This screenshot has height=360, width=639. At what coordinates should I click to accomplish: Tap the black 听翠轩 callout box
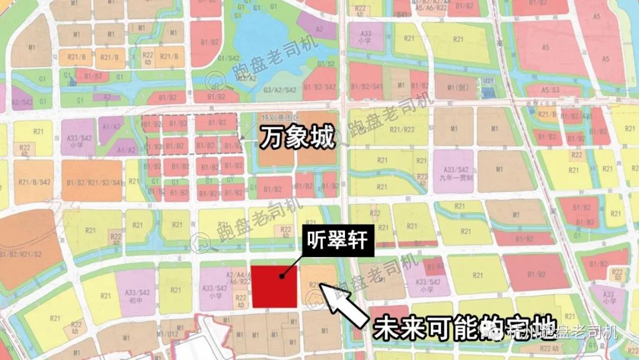coord(337,241)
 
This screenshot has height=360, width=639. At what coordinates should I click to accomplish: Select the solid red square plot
coord(274,287)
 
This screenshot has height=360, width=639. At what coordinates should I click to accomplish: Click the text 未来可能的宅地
coord(434,327)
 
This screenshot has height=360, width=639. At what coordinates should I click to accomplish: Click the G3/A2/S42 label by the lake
coord(279,89)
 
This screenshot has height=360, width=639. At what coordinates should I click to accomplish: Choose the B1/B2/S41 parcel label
coord(367,86)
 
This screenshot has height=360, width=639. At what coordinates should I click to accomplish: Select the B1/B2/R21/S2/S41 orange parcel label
coord(93,182)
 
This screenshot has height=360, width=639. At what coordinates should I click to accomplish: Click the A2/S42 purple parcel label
coord(21,102)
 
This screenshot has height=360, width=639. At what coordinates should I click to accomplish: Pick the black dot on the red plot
coord(283,275)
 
